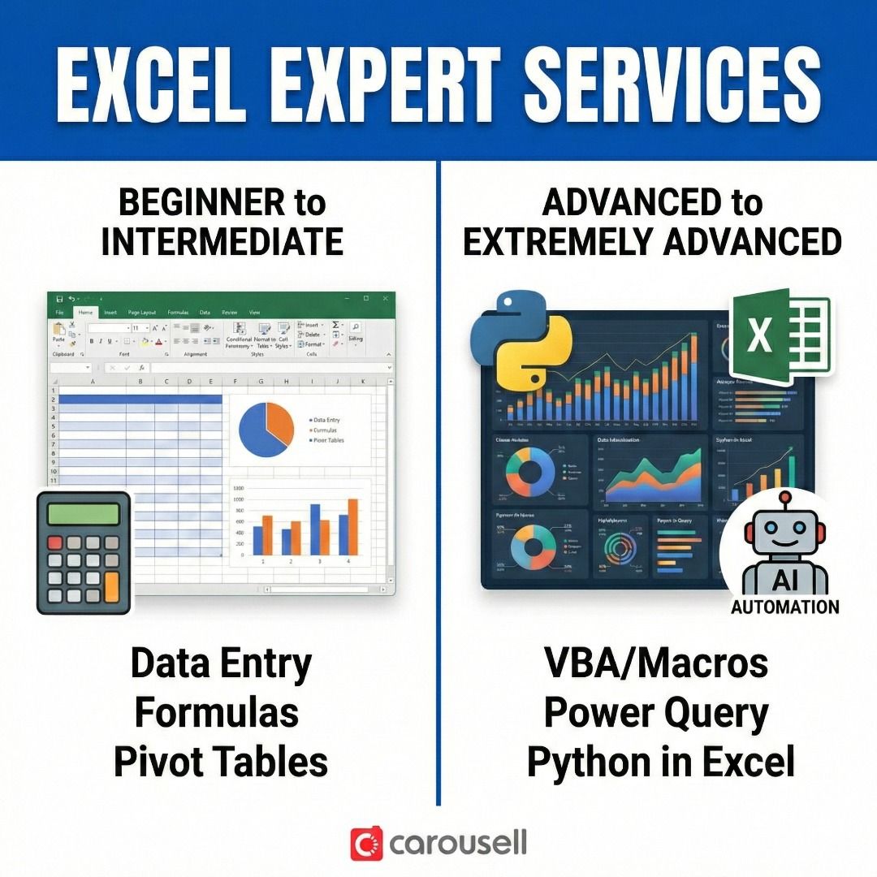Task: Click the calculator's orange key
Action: [111, 586]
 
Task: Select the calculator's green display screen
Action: [84, 514]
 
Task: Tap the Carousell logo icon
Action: [366, 844]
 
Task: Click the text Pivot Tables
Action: [221, 762]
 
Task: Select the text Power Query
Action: [655, 713]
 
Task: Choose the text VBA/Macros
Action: [655, 663]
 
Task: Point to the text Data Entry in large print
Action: [221, 663]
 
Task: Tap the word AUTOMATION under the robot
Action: [784, 607]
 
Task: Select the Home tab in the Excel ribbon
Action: [85, 312]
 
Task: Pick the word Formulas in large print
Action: [217, 713]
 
